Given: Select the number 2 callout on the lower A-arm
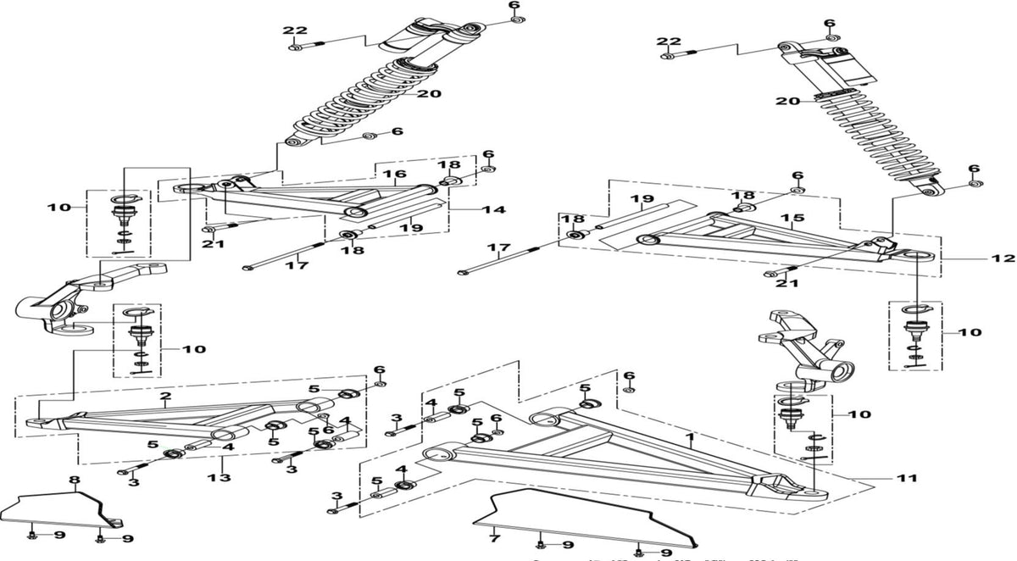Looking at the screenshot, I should [166, 397].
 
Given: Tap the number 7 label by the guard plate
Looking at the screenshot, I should [491, 537].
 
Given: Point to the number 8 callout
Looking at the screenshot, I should [73, 480].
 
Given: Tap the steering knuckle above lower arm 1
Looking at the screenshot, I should [809, 347].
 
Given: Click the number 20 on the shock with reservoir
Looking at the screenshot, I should [788, 101].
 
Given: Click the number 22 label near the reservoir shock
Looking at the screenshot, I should [670, 42].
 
